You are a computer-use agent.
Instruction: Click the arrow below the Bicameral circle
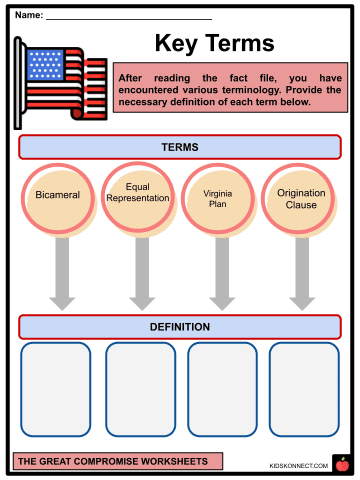62,273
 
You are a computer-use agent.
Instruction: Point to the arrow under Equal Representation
142,273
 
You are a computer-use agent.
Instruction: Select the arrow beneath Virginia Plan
222,273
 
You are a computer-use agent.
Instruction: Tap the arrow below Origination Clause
302,273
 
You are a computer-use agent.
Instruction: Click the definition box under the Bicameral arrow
56,389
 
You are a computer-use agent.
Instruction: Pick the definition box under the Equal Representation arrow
141,389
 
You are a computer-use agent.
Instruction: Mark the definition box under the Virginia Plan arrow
222,389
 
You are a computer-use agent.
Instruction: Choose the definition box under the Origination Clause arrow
304,389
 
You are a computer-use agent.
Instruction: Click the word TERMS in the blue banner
180,147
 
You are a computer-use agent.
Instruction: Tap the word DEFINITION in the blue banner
180,327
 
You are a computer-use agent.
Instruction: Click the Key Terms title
215,43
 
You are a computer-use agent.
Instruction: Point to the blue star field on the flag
45,65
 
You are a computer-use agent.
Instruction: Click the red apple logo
342,464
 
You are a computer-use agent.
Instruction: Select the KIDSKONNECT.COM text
299,466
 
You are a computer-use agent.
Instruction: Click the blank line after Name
129,19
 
